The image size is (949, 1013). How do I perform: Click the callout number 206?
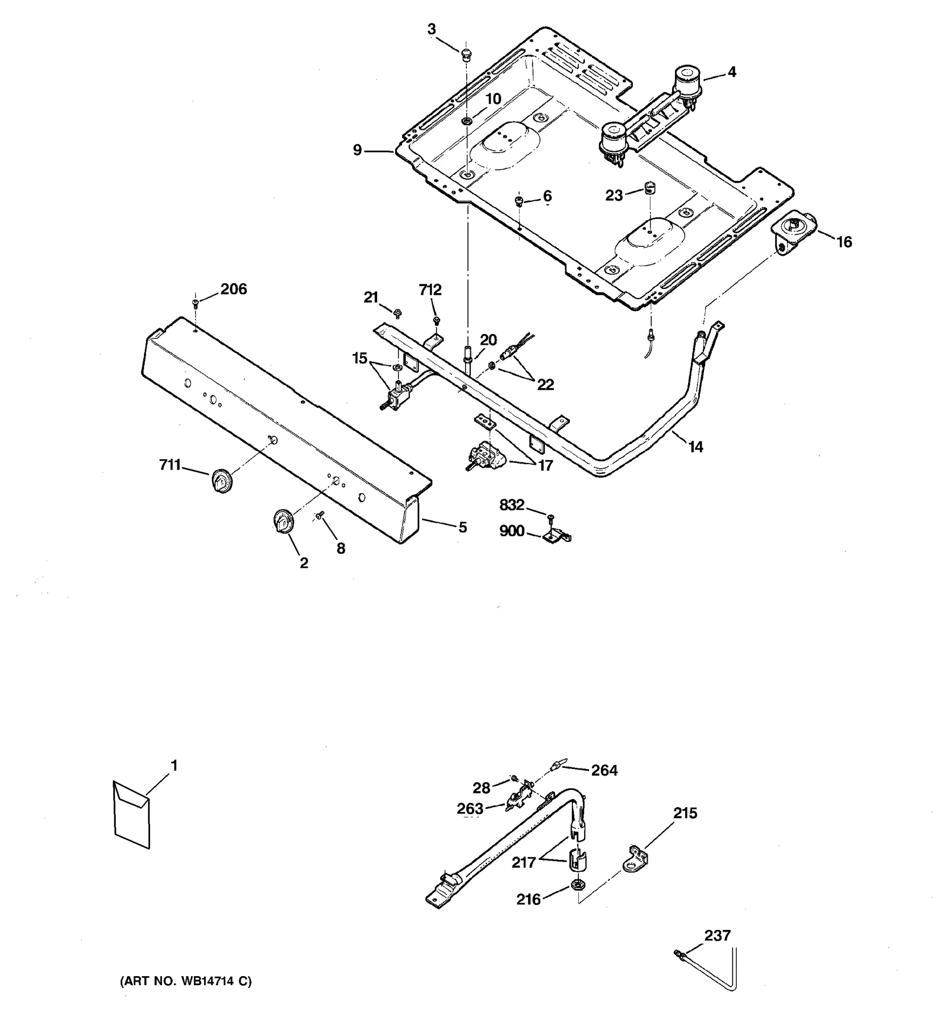[234, 289]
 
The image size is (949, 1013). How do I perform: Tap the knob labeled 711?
[221, 480]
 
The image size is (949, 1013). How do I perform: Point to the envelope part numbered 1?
[132, 814]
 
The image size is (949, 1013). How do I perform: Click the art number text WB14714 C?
[186, 982]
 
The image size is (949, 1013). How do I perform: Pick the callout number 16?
[843, 242]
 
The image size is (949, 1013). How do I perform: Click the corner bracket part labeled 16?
[792, 234]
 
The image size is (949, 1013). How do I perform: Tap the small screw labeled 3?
[466, 54]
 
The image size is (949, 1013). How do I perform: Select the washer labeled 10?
[467, 122]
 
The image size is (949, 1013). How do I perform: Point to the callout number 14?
[695, 446]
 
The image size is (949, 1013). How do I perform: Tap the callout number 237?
[717, 935]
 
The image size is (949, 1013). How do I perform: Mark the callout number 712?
[430, 290]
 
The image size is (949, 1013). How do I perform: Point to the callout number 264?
[604, 770]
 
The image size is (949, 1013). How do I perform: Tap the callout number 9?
[357, 150]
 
